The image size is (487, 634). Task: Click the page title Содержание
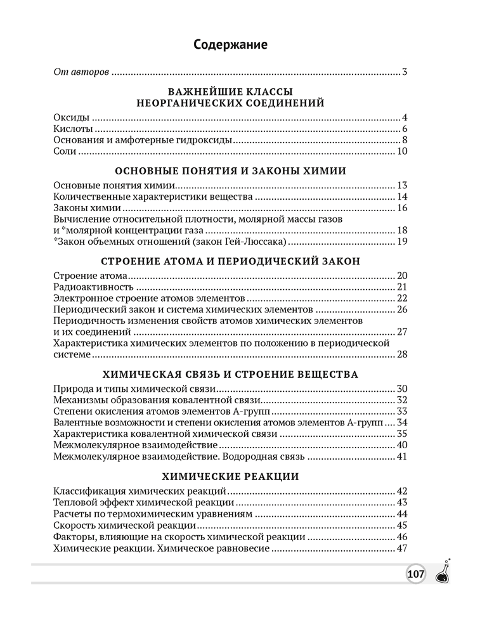pyautogui.click(x=231, y=44)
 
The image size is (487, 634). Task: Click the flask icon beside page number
pyautogui.click(x=443, y=573)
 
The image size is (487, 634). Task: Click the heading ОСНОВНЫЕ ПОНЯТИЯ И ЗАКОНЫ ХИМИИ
pyautogui.click(x=230, y=171)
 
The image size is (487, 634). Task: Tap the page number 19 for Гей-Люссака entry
pyautogui.click(x=401, y=242)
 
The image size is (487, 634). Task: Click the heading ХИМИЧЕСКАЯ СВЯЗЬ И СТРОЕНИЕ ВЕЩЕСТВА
pyautogui.click(x=230, y=374)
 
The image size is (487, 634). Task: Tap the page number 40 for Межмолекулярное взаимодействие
pyautogui.click(x=401, y=445)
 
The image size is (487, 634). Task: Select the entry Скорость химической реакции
pyautogui.click(x=124, y=526)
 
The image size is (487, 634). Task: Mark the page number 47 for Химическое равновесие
pyautogui.click(x=401, y=548)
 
